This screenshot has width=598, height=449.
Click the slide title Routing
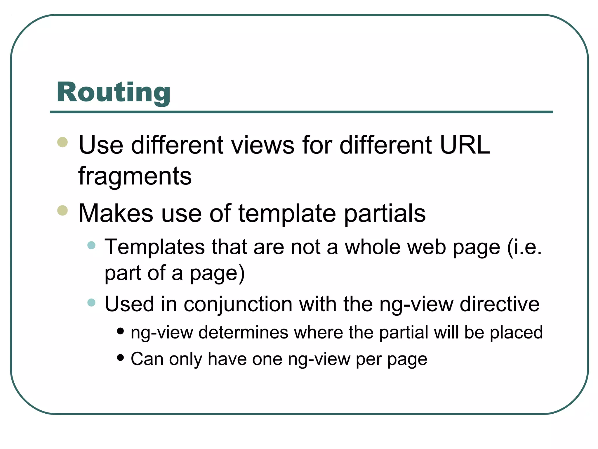coord(113,92)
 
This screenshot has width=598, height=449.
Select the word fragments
coord(135,176)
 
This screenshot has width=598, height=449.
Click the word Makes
coord(116,213)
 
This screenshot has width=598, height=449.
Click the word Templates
coord(155,247)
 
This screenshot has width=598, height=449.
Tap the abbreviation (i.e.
coord(524,247)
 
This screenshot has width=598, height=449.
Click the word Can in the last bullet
coord(147,359)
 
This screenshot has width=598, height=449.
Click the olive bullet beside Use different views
coord(62,142)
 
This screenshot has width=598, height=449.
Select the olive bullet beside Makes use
coord(62,210)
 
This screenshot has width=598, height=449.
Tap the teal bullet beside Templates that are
coord(91,245)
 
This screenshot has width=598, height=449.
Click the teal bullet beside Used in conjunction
coord(91,302)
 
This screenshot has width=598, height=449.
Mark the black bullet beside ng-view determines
coord(120,331)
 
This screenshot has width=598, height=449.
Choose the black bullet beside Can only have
coord(120,358)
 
